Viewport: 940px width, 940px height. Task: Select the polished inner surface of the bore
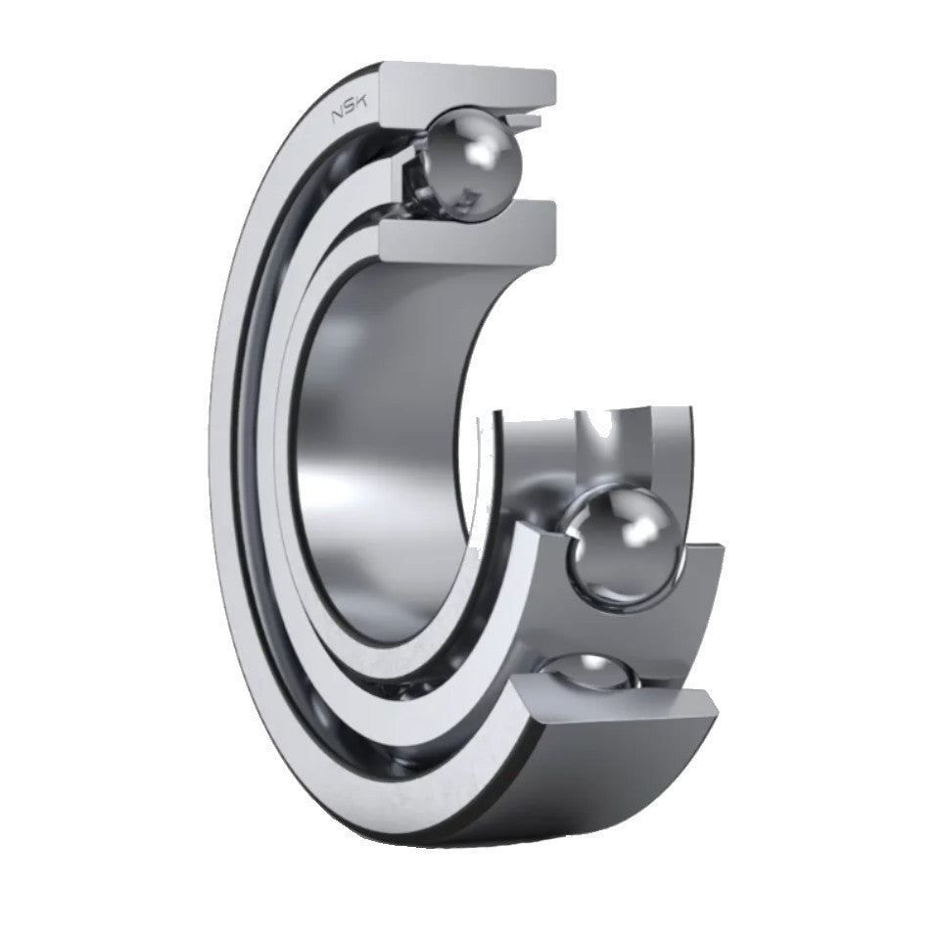(x=392, y=441)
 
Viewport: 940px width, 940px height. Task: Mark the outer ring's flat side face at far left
(x=227, y=441)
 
